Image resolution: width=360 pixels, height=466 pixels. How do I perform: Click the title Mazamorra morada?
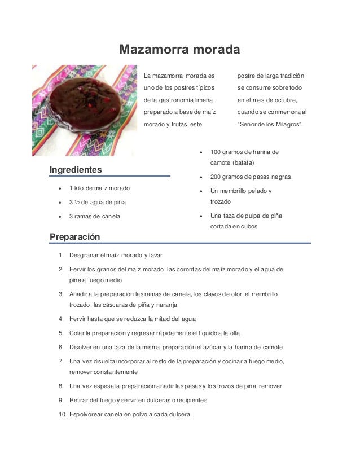pos(179,50)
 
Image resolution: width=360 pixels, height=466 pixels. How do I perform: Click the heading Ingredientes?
pos(76,169)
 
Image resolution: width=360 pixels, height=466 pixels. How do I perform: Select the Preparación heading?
pos(74,237)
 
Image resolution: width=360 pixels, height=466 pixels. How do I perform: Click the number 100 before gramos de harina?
pos(216,152)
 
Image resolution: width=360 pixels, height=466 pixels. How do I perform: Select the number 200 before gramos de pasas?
pos(216,177)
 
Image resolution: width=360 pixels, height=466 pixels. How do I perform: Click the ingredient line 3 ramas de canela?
pos(94,216)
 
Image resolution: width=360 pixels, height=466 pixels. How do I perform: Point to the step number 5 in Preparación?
pos(60,333)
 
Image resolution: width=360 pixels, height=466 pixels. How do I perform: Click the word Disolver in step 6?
pos(83,347)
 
